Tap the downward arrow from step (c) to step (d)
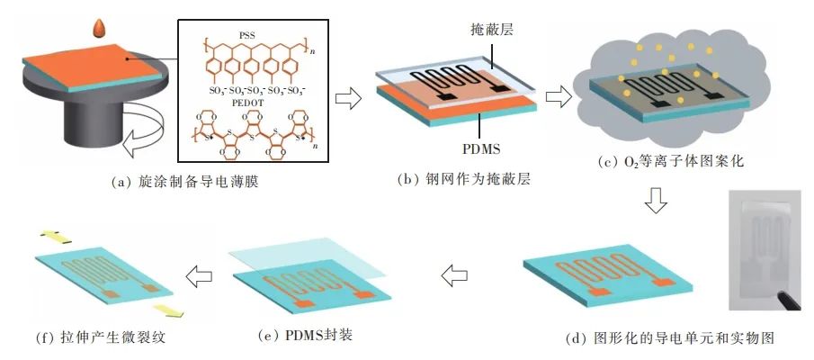[x=658, y=206]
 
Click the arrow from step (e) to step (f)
[x=197, y=272]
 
